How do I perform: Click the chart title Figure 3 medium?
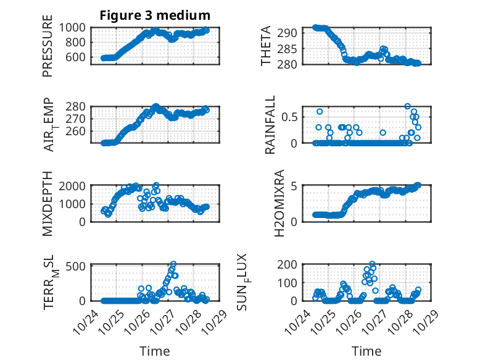[x=155, y=15]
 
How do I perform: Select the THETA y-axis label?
[x=266, y=46]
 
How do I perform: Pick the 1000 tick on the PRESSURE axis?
[x=77, y=28]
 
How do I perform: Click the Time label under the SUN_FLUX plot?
[x=366, y=351]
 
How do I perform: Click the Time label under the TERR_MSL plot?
[x=155, y=351]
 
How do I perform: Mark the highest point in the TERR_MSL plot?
[x=173, y=264]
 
